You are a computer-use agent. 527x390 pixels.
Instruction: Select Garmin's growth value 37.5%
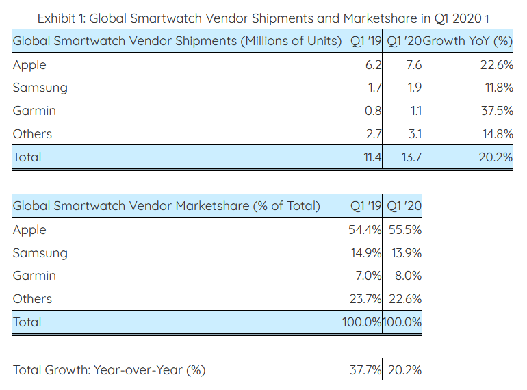click(x=495, y=111)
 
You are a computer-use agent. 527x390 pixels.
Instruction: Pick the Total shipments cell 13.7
click(x=411, y=157)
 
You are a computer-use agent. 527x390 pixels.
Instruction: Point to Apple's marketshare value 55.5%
click(x=403, y=230)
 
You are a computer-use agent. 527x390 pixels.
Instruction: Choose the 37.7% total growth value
click(x=365, y=371)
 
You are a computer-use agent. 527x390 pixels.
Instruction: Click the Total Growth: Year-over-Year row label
click(x=109, y=371)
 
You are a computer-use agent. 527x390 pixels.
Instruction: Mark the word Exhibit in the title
click(x=60, y=17)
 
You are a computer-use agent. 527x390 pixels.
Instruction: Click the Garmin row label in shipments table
click(x=34, y=111)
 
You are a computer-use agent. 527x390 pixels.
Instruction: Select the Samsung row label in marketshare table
click(x=40, y=253)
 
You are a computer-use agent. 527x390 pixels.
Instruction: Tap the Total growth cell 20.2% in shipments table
click(x=495, y=157)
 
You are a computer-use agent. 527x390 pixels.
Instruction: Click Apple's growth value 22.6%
click(x=495, y=65)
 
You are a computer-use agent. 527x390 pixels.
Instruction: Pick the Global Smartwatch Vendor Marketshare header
click(x=166, y=206)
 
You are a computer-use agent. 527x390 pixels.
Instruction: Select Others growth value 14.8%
click(x=495, y=134)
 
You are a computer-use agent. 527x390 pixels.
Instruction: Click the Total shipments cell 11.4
click(x=372, y=157)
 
